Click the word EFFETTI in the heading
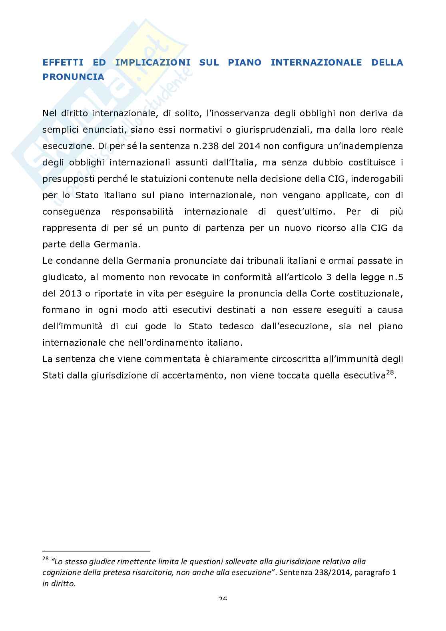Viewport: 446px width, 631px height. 63,62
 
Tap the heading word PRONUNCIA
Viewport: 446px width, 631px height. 73,77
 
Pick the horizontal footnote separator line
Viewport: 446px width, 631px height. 96,550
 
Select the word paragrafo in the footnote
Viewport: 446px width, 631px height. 370,572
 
